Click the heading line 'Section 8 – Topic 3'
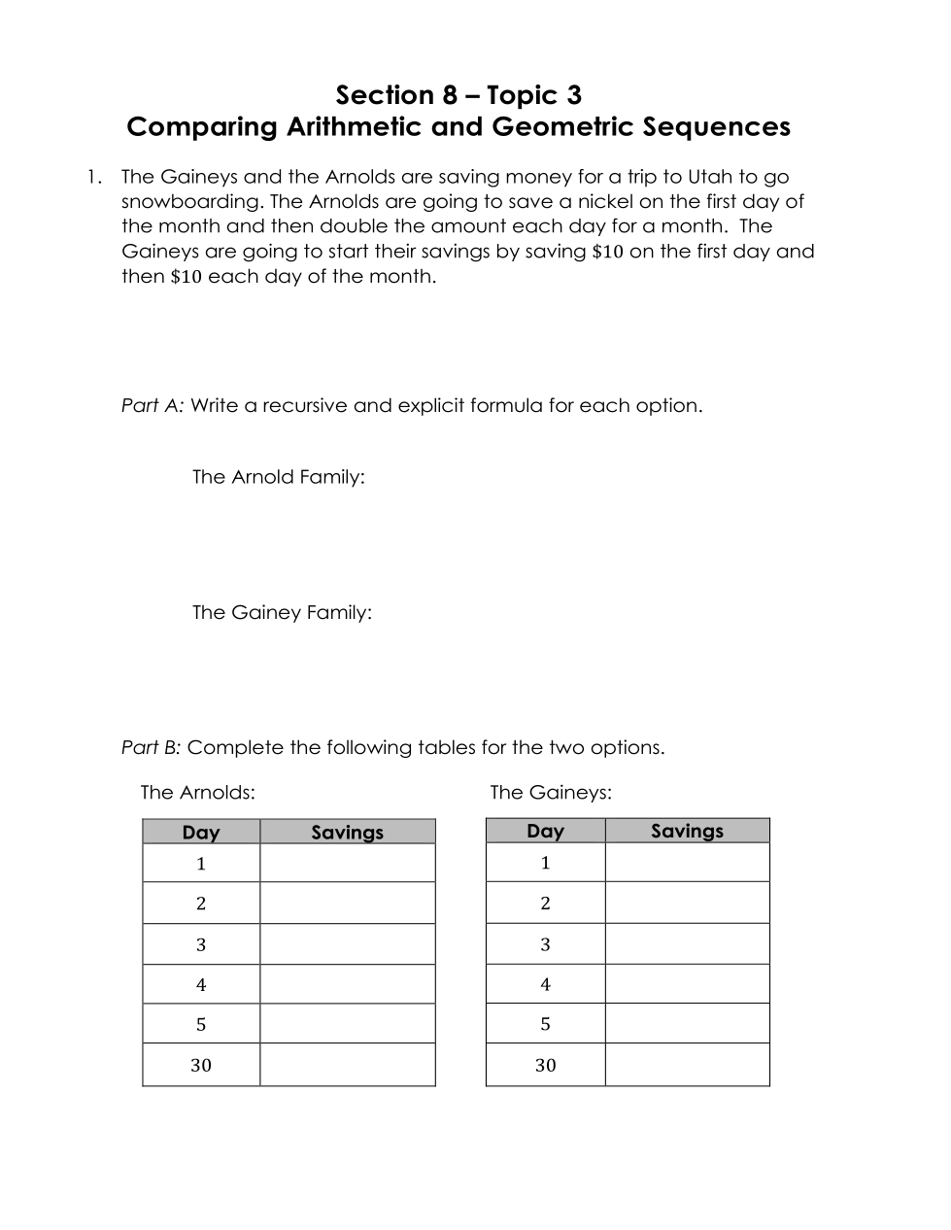pyautogui.click(x=459, y=95)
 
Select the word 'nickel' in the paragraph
pyautogui.click(x=605, y=202)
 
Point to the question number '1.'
pyautogui.click(x=93, y=177)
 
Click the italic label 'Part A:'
pyautogui.click(x=153, y=406)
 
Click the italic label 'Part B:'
pyautogui.click(x=152, y=748)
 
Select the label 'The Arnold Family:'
pyautogui.click(x=278, y=477)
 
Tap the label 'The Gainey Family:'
pyautogui.click(x=282, y=613)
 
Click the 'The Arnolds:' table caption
pyautogui.click(x=197, y=793)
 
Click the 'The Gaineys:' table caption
pyautogui.click(x=551, y=793)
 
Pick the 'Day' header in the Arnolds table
pyautogui.click(x=201, y=833)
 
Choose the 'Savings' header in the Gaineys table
pyautogui.click(x=687, y=831)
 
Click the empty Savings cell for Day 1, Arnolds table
pyautogui.click(x=347, y=864)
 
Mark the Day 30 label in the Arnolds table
pyautogui.click(x=201, y=1066)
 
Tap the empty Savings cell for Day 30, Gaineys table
pyautogui.click(x=687, y=1066)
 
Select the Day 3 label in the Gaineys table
pyautogui.click(x=545, y=944)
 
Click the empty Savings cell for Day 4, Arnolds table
pyautogui.click(x=347, y=985)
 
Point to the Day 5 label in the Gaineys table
pyautogui.click(x=545, y=1024)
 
